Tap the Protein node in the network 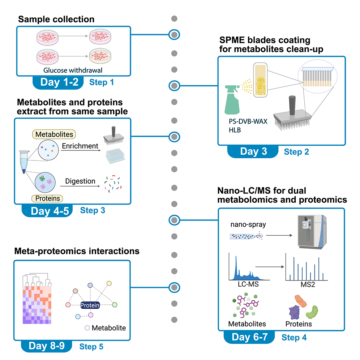pos(90,305)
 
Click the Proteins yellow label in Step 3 pos(47,198)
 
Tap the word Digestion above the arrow pos(80,181)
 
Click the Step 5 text pos(91,347)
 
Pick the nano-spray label pos(248,224)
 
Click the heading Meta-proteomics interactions pos(77,251)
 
